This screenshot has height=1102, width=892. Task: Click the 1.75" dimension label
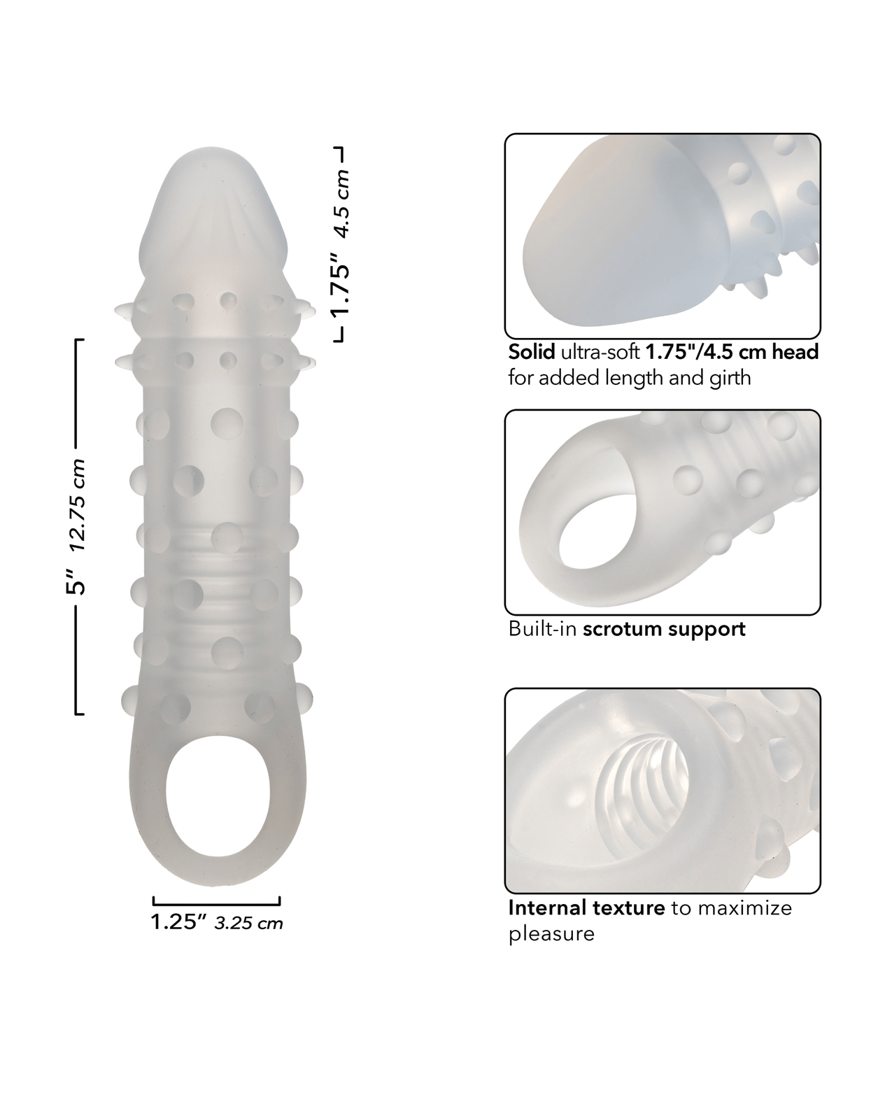[341, 284]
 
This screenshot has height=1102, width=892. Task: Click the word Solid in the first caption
[532, 352]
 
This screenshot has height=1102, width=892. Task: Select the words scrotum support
[664, 629]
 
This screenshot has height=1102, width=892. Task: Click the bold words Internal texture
[586, 908]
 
